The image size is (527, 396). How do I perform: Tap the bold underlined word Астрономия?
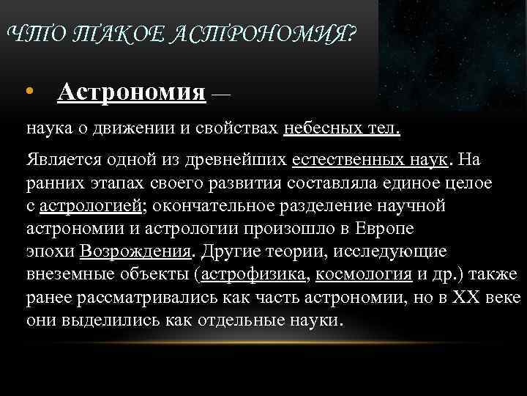point(131,92)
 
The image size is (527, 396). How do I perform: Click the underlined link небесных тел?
point(340,129)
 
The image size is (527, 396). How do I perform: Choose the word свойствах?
point(234,129)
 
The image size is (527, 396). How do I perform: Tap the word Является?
point(61,159)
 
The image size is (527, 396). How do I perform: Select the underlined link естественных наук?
point(373,159)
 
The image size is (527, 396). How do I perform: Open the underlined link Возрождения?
point(135,252)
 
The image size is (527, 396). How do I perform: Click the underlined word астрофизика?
point(255,275)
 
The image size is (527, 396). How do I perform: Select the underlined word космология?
point(364,275)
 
